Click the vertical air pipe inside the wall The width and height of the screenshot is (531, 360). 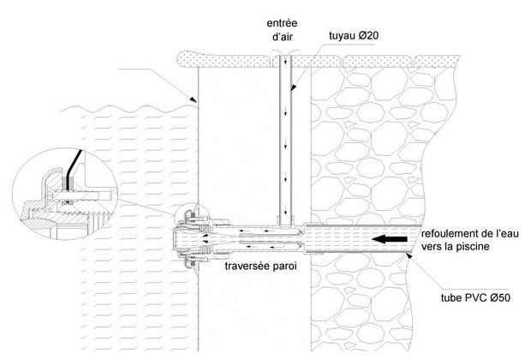click(x=284, y=137)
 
